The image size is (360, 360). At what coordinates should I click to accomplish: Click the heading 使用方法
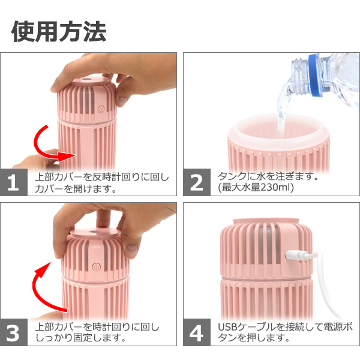(59, 31)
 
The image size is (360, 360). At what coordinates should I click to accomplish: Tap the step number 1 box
(14, 182)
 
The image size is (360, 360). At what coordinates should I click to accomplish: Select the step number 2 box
(197, 182)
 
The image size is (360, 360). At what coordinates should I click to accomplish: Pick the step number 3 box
(14, 332)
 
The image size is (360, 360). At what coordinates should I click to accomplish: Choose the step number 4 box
(197, 332)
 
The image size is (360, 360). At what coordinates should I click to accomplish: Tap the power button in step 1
(101, 109)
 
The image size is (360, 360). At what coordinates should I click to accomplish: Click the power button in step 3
(96, 267)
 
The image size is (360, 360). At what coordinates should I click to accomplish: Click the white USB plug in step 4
(296, 256)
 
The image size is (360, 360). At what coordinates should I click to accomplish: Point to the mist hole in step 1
(86, 80)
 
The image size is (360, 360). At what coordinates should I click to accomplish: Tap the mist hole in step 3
(95, 230)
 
